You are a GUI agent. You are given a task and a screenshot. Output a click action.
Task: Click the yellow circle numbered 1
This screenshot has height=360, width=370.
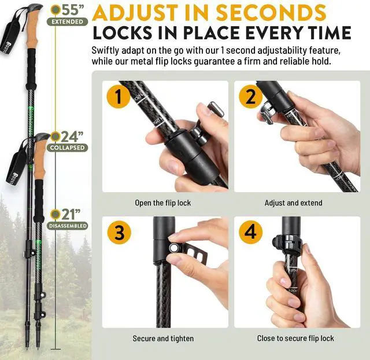119,97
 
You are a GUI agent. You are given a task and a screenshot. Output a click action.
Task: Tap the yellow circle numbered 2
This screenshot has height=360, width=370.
250,97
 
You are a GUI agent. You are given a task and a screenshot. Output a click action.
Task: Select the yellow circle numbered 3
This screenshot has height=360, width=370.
119,233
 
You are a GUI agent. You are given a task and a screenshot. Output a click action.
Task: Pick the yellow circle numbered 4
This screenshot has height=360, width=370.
250,233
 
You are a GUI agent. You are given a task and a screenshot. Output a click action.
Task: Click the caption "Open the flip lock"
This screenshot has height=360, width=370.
162,203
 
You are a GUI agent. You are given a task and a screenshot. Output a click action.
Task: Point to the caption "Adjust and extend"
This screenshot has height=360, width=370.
294,203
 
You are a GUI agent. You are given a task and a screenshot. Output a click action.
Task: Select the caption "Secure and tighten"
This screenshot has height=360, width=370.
163,339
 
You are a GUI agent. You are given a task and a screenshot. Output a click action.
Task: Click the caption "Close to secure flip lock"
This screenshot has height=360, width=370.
295,339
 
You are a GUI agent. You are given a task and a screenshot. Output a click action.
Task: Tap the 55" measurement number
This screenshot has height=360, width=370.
73,10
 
